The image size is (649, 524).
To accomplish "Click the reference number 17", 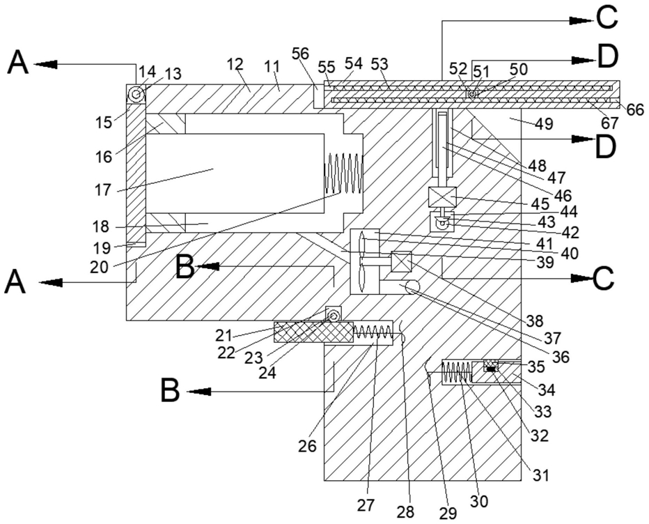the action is (102, 190).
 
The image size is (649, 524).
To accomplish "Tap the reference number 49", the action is (544, 123).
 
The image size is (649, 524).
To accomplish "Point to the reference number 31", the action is (540, 475).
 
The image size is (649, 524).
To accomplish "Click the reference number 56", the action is (300, 54).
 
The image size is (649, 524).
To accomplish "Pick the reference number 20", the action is (99, 267).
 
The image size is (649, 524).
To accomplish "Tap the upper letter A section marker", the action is (19, 63).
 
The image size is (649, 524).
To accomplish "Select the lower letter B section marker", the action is (170, 391).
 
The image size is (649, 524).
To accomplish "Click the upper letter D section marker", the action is (608, 57).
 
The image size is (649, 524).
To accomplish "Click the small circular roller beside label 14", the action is (135, 95).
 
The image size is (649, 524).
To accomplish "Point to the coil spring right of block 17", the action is (343, 173).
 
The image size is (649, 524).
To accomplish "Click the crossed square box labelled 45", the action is (443, 196).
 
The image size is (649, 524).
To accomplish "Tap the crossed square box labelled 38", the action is (401, 262).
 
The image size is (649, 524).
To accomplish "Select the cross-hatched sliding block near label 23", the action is (314, 332).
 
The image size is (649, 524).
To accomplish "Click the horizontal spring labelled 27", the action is (373, 332).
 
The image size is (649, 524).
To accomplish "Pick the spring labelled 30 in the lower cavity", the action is (457, 371).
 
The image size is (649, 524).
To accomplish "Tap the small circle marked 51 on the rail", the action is (472, 95).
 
